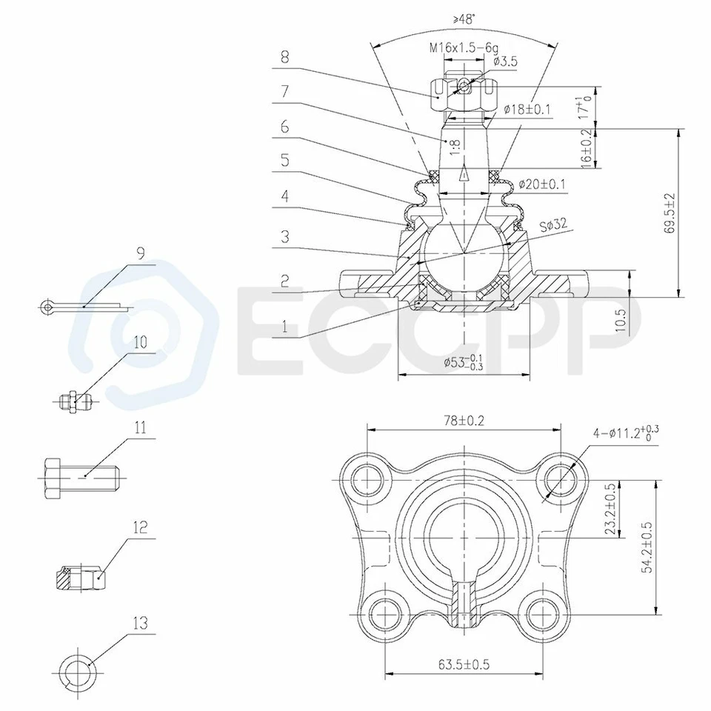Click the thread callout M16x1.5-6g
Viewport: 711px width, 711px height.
pos(463,48)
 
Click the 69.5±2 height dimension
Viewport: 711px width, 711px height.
pos(670,213)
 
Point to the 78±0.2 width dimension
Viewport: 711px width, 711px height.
pos(464,421)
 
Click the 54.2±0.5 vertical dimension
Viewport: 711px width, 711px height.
pos(647,547)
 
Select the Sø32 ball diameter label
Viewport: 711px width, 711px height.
pos(554,224)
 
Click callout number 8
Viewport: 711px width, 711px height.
pos(284,55)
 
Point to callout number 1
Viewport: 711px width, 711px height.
pos(284,325)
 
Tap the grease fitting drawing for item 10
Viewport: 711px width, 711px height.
pos(75,401)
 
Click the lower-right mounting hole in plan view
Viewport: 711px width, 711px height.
pos(546,612)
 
